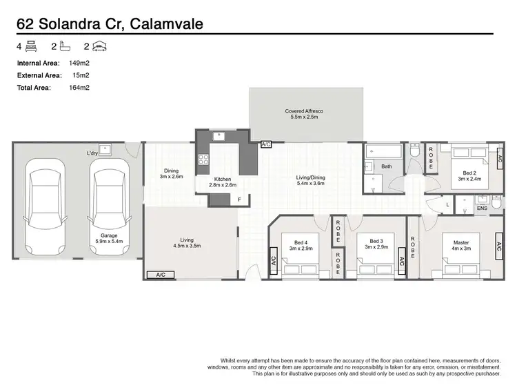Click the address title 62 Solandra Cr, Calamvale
[x=110, y=24]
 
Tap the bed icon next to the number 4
[x=31, y=47]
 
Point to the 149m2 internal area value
[x=80, y=63]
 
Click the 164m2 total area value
[x=80, y=88]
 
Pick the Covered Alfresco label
[x=304, y=114]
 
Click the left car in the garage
[x=45, y=205]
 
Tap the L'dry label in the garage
[x=92, y=153]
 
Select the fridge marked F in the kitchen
[x=239, y=200]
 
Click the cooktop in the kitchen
[x=204, y=159]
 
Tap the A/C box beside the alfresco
[x=266, y=145]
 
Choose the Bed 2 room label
[x=468, y=176]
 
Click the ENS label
[x=481, y=207]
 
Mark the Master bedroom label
[x=460, y=245]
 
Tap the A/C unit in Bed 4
[x=274, y=261]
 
